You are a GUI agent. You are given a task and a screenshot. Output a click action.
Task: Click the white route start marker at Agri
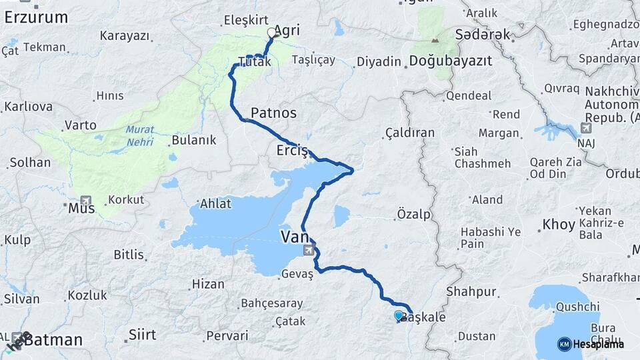pos(271,32)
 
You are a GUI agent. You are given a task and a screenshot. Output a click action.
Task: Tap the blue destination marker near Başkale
pos(399,315)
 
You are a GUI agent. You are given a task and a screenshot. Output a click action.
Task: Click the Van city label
pos(295,237)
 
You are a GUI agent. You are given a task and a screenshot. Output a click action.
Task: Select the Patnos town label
pos(274,113)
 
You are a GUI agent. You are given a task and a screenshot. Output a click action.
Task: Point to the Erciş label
pos(292,151)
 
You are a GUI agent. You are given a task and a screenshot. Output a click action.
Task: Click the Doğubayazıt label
pos(450,61)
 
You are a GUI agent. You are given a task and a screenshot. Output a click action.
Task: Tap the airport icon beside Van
pos(309,251)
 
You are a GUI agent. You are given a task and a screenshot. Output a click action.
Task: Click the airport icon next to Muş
pos(85,200)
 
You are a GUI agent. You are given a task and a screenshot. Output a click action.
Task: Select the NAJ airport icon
pos(586,128)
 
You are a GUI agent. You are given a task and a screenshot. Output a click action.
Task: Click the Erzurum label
pos(35,17)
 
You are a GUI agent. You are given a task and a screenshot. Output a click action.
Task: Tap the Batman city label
pos(53,340)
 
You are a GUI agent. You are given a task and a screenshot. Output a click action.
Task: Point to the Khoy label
pos(559,225)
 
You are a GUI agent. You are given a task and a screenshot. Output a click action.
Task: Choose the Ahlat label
pos(215,205)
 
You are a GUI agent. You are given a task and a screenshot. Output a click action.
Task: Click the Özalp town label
pos(413,214)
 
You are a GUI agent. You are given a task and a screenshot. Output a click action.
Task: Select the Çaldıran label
pos(410,133)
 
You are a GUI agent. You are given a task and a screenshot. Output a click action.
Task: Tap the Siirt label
pos(142,334)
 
